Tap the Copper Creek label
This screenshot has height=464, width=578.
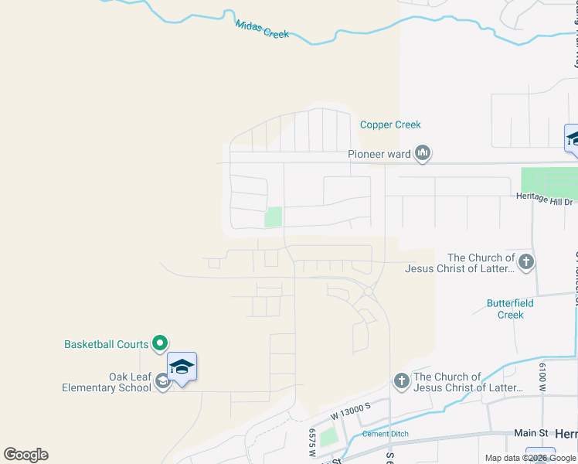tap(390, 125)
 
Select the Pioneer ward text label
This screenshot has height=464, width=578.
tap(379, 154)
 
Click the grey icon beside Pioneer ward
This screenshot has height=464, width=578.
tap(422, 154)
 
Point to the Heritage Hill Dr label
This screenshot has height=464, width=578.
tap(544, 197)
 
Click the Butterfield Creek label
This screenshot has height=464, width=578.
tap(511, 309)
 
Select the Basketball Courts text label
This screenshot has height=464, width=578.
tap(107, 344)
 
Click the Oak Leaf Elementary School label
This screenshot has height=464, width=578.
tap(107, 382)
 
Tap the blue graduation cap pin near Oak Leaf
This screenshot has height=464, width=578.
tap(182, 367)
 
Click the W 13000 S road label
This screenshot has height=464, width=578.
tap(350, 411)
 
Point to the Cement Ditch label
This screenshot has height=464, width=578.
tap(385, 434)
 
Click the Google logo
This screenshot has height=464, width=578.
tap(25, 455)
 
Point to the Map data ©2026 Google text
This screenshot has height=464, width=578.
tap(529, 458)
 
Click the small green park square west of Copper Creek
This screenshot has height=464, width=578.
tap(274, 217)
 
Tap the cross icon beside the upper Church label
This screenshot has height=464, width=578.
tap(525, 261)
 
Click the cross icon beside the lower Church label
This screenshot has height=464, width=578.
tap(401, 380)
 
